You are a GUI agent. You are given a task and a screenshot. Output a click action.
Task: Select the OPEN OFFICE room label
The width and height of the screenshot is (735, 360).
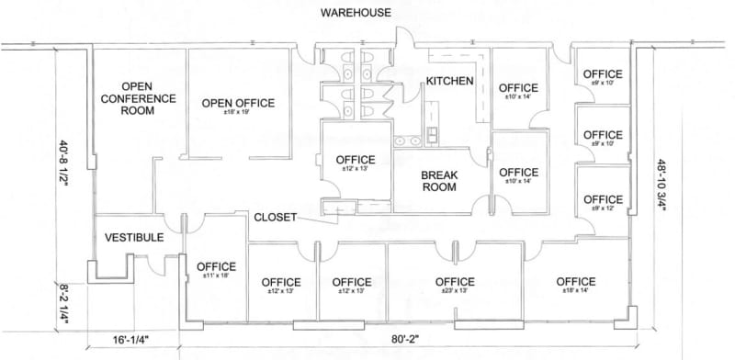(x=232, y=102)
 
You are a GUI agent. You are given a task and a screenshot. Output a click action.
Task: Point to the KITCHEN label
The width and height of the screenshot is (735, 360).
(x=449, y=81)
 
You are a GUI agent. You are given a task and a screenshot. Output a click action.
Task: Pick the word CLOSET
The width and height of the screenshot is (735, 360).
(x=276, y=217)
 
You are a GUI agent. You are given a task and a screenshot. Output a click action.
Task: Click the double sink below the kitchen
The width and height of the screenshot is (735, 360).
(x=408, y=141)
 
